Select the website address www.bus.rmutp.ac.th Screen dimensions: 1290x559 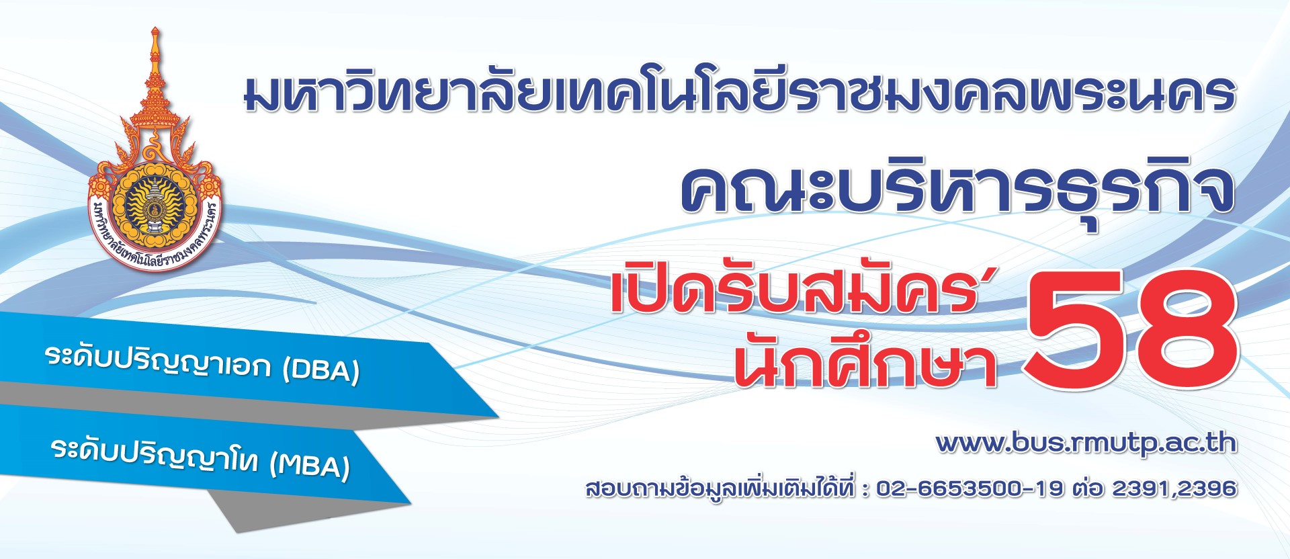click(x=1086, y=443)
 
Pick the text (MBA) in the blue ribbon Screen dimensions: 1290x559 click(x=310, y=464)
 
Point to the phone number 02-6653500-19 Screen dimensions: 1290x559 click(x=970, y=488)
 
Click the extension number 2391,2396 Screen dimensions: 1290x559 click(x=1174, y=488)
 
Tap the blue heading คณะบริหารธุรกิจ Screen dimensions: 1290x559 click(x=957, y=188)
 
